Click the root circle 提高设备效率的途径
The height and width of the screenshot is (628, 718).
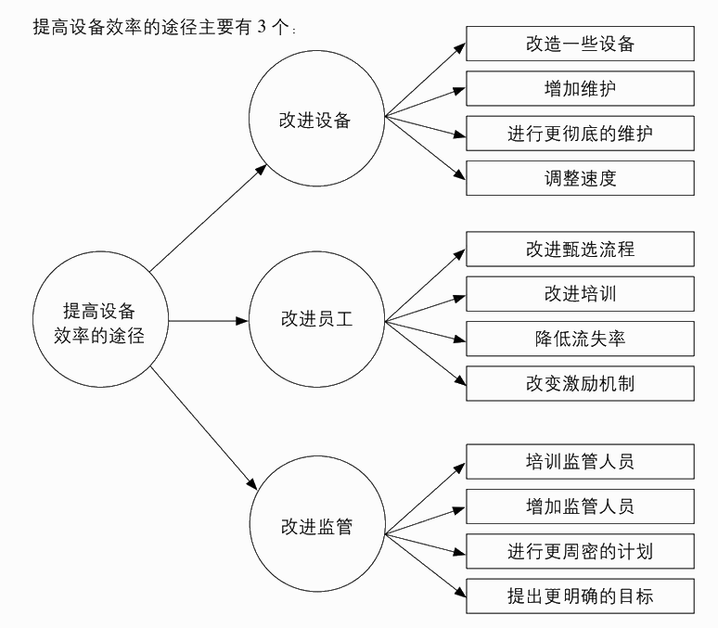(103, 322)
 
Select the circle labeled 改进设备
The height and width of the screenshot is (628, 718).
(315, 119)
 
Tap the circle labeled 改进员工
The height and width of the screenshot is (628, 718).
(315, 321)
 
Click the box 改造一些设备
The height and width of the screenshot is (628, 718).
(579, 44)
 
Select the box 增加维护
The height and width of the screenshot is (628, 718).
(579, 88)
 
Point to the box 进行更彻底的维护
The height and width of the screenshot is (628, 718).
(579, 134)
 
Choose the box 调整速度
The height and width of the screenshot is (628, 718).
(579, 178)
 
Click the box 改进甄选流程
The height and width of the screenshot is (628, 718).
(579, 249)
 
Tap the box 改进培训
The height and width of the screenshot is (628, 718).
(579, 293)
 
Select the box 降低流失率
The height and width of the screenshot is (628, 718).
(579, 338)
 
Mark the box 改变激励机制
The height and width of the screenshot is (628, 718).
(579, 382)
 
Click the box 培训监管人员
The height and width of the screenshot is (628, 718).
(579, 461)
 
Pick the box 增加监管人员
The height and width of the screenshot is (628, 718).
(579, 506)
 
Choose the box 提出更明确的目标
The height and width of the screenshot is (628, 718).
(579, 595)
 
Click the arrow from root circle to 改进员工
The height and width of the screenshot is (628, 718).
(210, 322)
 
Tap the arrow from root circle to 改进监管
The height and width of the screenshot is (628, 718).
(204, 427)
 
